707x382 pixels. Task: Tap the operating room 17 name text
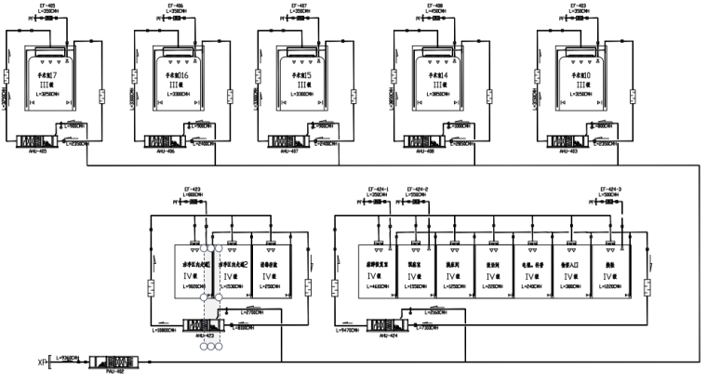coord(47,75)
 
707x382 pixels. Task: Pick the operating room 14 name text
coord(434,75)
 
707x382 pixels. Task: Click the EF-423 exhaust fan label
coord(195,189)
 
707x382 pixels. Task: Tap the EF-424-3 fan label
coord(611,189)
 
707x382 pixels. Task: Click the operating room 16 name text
coord(178,75)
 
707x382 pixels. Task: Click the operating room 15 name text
coord(302,75)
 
